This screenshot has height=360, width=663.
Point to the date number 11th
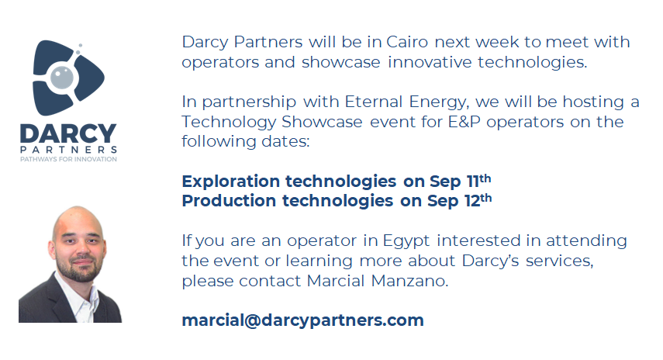[x=476, y=181]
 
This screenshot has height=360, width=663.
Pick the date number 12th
[x=477, y=200]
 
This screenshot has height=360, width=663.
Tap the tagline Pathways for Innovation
[x=69, y=159]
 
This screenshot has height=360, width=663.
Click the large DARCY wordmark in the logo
[x=68, y=133]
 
